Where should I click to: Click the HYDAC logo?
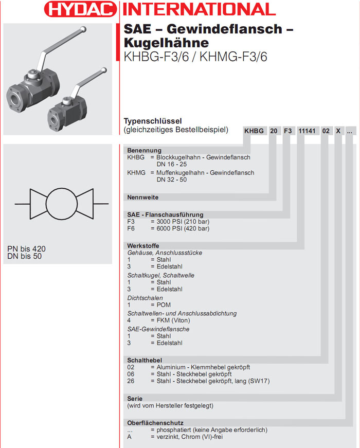[x=80, y=9]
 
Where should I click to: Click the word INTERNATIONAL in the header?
[x=199, y=9]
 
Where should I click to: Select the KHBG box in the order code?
[x=254, y=131]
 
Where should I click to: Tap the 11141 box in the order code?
[x=307, y=131]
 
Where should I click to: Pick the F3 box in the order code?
[x=287, y=131]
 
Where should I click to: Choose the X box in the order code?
[x=338, y=131]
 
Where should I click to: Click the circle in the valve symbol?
[x=61, y=204]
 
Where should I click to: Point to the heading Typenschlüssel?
[x=153, y=121]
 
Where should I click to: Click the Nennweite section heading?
[x=143, y=197]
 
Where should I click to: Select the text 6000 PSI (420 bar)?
[x=183, y=228]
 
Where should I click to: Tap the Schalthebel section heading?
[x=145, y=360]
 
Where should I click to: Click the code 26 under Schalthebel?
[x=131, y=381]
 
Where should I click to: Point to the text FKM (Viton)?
[x=173, y=320]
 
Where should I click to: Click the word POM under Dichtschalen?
[x=164, y=305]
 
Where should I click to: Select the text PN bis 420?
[x=26, y=249]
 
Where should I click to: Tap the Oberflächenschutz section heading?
[x=155, y=423]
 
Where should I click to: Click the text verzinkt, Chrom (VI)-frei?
[x=190, y=437]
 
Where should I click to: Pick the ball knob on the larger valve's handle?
[x=83, y=29]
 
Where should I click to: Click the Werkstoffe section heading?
[x=143, y=246]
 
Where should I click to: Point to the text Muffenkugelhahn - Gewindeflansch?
[x=205, y=173]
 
